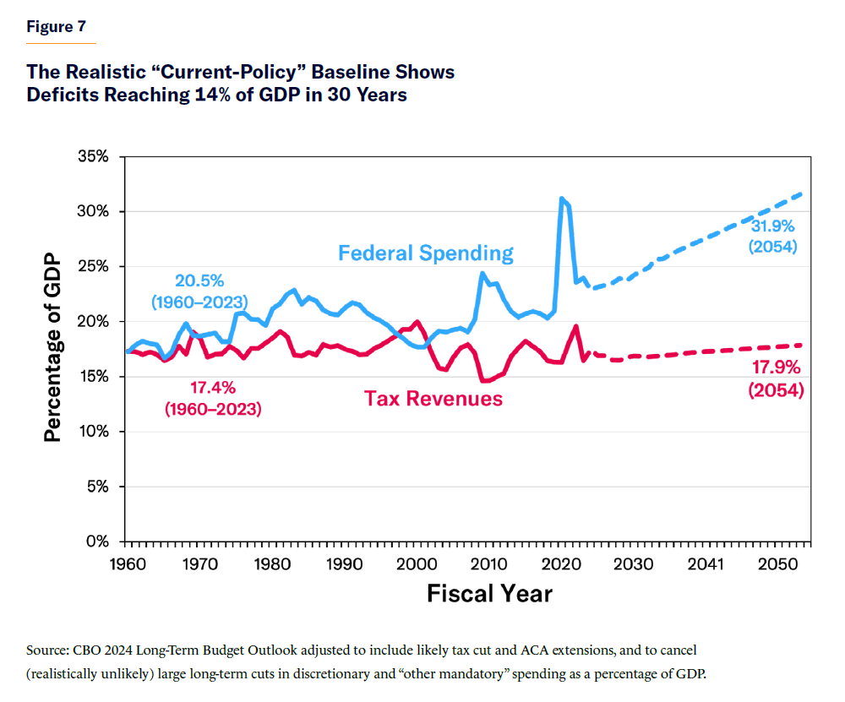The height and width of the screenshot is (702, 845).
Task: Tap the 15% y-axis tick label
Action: tap(93, 377)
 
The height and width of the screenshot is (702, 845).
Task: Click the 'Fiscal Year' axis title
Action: tap(489, 594)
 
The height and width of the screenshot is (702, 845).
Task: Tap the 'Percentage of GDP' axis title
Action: tap(53, 349)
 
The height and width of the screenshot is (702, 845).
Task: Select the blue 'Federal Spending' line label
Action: tap(425, 253)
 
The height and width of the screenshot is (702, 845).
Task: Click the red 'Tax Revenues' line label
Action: tap(433, 398)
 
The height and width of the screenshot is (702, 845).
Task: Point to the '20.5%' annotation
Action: tap(199, 280)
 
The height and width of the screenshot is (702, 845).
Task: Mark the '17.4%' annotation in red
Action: tap(211, 388)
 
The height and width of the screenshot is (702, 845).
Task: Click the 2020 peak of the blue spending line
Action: tap(561, 199)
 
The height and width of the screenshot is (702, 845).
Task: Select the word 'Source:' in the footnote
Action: tap(52, 651)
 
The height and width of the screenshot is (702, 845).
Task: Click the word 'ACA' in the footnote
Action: tap(541, 651)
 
